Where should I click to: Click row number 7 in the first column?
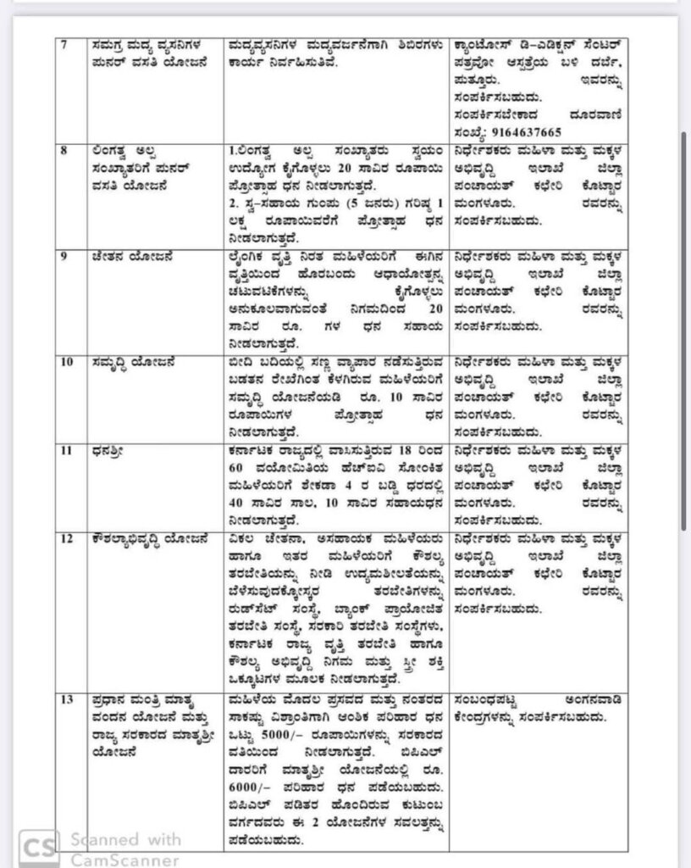[x=60, y=43]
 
